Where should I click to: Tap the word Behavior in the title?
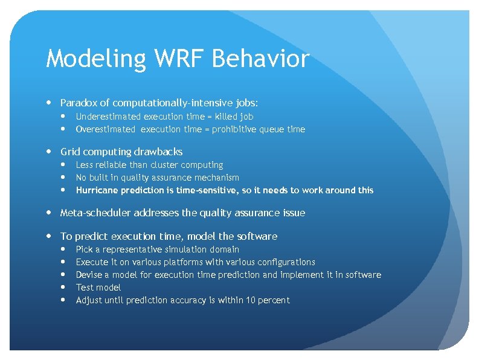click(x=261, y=59)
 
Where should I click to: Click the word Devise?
click(x=89, y=275)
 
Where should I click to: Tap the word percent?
click(x=274, y=300)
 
